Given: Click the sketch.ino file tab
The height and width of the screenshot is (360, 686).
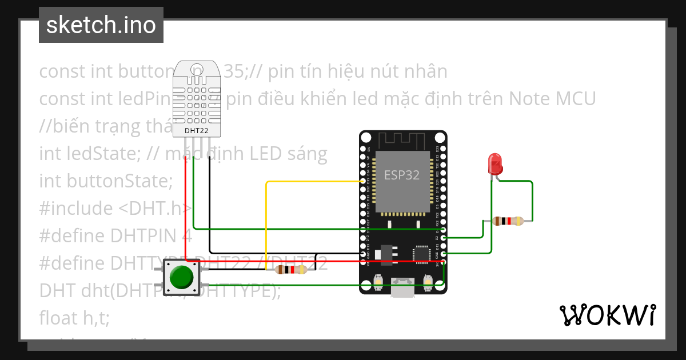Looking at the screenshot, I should (x=101, y=25).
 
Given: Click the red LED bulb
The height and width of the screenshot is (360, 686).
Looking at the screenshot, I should (x=495, y=165).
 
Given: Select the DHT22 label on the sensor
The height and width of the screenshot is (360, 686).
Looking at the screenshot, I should (x=196, y=131).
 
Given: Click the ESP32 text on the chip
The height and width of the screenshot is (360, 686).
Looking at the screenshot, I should (x=401, y=175).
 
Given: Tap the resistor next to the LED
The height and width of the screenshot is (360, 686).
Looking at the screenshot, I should (x=508, y=221).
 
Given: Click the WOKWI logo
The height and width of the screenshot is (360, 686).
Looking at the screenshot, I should (x=607, y=315).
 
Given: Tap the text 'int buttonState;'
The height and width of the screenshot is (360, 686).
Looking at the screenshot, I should (x=106, y=181).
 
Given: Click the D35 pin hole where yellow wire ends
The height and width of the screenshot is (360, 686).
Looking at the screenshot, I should (x=363, y=181).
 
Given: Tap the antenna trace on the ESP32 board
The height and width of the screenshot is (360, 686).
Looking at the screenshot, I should (x=402, y=139).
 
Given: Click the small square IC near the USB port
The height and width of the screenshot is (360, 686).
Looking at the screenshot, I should (x=422, y=252).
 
